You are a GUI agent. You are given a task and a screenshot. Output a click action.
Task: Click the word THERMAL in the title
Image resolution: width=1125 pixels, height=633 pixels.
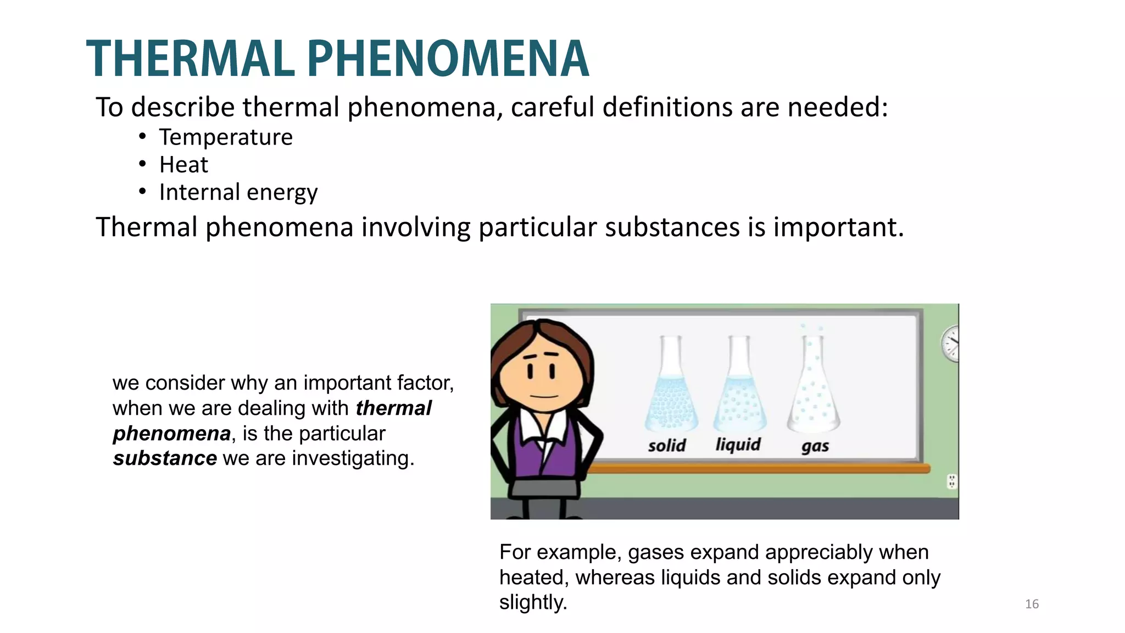point(190,59)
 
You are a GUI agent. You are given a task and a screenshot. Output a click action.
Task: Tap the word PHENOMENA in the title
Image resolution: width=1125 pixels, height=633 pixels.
point(448,59)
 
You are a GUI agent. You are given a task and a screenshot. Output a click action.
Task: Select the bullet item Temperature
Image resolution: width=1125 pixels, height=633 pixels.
point(226,137)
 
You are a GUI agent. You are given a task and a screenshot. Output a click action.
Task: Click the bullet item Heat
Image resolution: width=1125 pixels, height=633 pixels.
point(183,165)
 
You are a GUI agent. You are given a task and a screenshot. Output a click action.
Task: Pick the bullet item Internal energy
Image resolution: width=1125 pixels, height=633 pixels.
point(238,192)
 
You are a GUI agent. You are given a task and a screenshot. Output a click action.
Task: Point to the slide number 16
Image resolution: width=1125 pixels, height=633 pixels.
point(1032,604)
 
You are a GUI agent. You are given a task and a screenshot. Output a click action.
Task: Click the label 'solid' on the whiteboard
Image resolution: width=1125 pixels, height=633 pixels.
point(667,445)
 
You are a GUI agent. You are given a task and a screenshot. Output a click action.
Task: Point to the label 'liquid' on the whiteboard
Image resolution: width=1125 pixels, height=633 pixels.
point(738,444)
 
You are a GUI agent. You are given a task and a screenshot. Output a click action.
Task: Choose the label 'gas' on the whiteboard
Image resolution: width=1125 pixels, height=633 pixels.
point(815,446)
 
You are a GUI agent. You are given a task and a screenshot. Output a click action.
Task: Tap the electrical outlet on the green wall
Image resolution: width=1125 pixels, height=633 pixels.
point(952,482)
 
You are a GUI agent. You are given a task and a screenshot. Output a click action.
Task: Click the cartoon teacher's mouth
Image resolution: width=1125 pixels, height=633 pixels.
point(544,395)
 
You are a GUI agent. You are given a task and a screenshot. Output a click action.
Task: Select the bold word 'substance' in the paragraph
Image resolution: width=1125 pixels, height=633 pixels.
point(165,458)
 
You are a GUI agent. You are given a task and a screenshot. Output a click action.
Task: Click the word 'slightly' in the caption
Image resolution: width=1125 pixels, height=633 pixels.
point(532,602)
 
